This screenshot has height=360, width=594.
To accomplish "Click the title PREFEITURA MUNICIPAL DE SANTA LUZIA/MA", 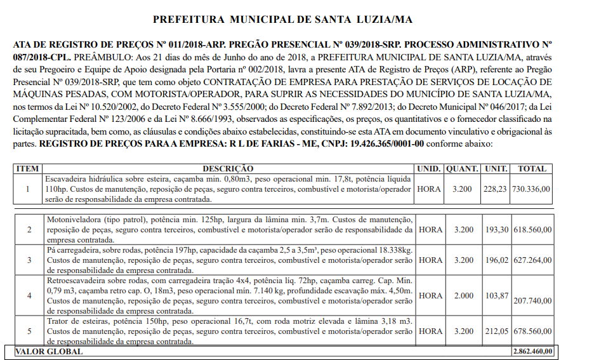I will [282, 20].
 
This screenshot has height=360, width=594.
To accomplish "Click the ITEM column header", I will [27, 169].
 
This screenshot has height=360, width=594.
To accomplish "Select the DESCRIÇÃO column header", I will [227, 169].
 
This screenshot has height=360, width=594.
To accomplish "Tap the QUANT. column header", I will [463, 169].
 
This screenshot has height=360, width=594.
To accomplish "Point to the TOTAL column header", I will [532, 169].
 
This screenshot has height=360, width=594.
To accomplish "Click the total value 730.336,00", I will [532, 189].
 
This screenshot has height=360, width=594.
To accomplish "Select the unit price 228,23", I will [496, 189].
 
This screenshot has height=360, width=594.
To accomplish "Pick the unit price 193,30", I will [496, 229].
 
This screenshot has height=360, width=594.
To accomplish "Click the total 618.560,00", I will [532, 229].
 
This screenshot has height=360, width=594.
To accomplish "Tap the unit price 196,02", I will [496, 260].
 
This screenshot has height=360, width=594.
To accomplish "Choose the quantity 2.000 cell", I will [463, 296].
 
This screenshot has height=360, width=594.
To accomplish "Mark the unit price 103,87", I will [496, 296].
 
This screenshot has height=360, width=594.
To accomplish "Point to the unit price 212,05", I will [496, 331].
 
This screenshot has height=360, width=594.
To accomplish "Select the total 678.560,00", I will [532, 331].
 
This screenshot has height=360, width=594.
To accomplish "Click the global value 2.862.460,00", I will [533, 351].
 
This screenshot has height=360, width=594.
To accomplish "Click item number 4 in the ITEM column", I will [27, 296].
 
